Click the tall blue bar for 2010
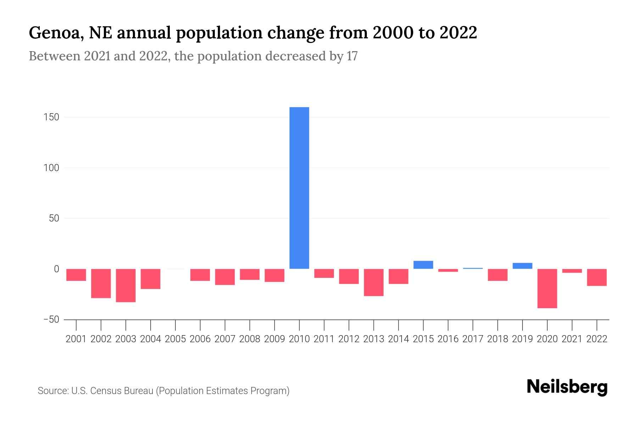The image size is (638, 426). point(299,188)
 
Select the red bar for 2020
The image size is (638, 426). point(547,288)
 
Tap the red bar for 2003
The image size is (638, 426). point(126,285)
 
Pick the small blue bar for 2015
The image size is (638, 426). point(423,265)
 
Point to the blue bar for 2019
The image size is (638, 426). point(522,266)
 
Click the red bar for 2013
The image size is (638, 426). point(374,282)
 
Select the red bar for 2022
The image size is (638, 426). point(597,277)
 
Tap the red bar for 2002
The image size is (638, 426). point(101,283)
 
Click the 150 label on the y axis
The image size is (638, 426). point(51,117)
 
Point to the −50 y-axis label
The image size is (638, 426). point(51,319)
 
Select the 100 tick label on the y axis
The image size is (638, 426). point(51,168)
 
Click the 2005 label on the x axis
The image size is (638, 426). point(175,339)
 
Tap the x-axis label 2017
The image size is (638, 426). point(473,339)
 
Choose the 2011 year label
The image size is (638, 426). point(324,339)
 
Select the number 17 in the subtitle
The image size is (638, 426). point(352,56)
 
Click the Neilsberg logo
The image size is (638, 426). point(567,387)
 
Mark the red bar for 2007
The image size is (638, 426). point(225,277)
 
